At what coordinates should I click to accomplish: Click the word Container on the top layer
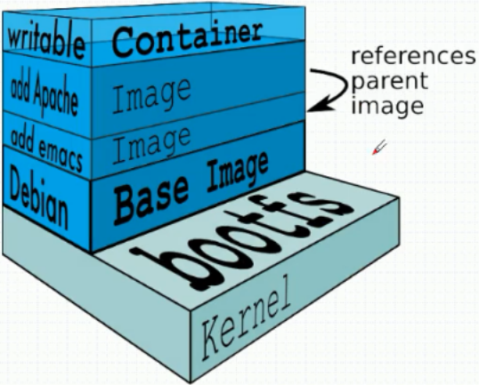[187, 39]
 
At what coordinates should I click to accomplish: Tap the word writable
[46, 41]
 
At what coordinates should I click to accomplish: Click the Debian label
[39, 198]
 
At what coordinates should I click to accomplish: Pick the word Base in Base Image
[151, 200]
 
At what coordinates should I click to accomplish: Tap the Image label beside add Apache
[151, 95]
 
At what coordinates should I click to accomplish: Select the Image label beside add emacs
[151, 145]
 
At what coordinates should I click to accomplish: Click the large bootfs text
[241, 241]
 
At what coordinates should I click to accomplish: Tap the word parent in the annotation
[390, 82]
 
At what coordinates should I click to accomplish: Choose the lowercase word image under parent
[387, 106]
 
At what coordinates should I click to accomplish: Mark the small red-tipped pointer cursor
[379, 148]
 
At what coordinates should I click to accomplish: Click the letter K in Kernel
[211, 338]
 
